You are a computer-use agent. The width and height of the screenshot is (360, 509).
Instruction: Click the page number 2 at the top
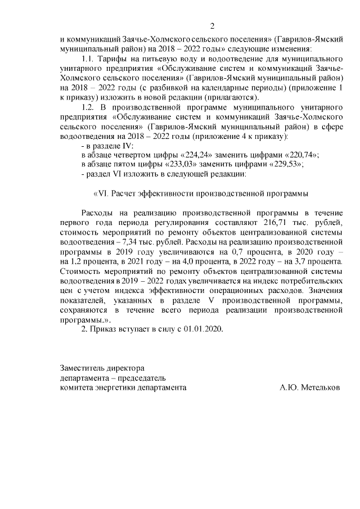point(212,25)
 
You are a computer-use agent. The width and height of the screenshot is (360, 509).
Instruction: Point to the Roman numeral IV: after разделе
point(128,145)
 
